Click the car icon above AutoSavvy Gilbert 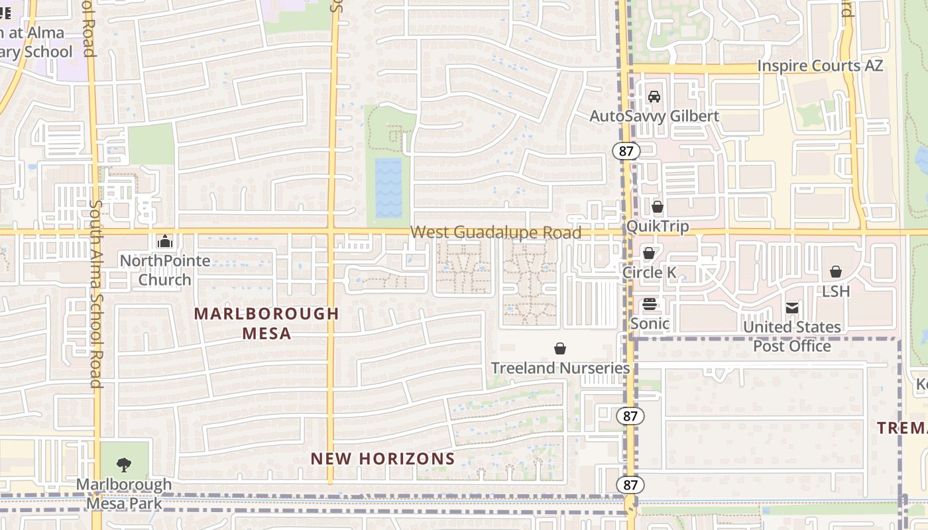pos(654,97)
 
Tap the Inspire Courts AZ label pos(820,66)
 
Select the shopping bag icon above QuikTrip pos(658,207)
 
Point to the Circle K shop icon pos(649,253)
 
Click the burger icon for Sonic pos(650,304)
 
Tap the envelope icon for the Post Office pos(792,308)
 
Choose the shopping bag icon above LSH pos(836,272)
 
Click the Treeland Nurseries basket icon pos(560,348)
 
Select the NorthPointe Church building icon pos(165,241)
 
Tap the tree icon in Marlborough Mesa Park pos(124,464)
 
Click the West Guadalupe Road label pos(496,233)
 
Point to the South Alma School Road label pos(95,294)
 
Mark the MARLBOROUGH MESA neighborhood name pos(266,323)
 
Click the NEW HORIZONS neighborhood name pos(382,458)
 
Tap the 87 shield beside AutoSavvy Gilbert pos(626,151)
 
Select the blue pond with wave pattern pos(388,188)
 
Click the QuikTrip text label pos(658,227)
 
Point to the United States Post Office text pos(792,337)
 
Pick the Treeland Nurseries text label pos(560,368)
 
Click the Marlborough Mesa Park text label pos(124,494)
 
